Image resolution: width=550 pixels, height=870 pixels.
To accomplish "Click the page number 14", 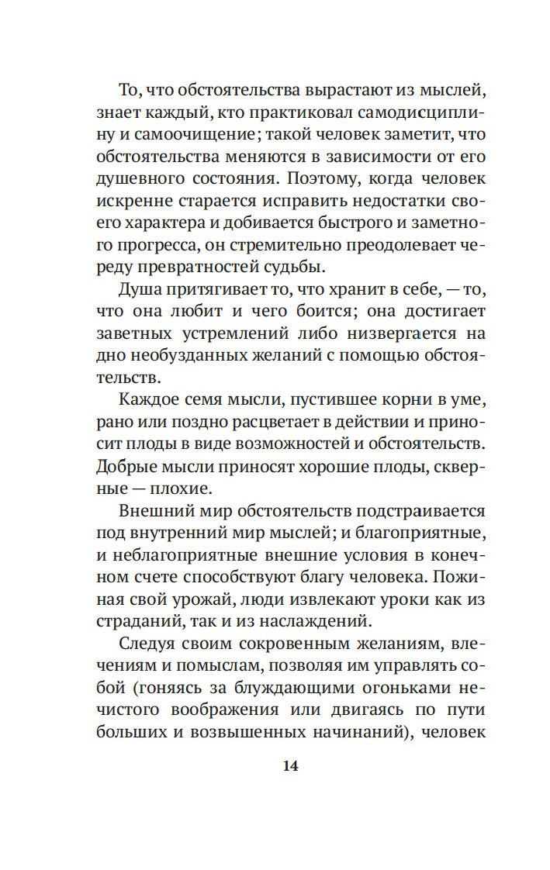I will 290,765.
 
